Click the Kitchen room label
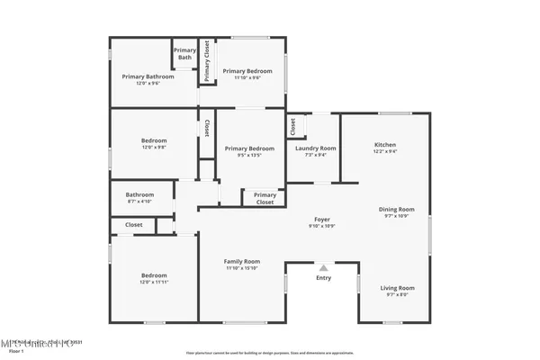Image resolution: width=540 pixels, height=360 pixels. (x=385, y=144)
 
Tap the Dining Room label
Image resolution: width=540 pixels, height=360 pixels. (x=396, y=209)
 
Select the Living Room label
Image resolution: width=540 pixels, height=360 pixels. (x=396, y=287)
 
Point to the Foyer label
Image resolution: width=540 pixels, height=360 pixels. (x=322, y=219)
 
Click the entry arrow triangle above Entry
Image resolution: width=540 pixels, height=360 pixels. (x=323, y=267)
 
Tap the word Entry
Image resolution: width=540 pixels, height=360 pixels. (x=323, y=278)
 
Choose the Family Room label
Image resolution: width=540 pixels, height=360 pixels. (x=241, y=261)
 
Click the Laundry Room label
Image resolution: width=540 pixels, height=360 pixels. (x=316, y=148)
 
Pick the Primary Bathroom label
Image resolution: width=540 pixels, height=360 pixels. (x=148, y=76)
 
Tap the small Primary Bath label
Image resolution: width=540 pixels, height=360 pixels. (x=184, y=53)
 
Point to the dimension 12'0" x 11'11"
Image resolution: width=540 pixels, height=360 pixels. (x=153, y=282)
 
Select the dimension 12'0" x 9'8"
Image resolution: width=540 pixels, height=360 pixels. (x=153, y=148)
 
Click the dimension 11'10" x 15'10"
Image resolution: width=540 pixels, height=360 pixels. (x=241, y=267)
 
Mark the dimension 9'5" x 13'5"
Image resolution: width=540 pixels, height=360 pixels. (x=249, y=154)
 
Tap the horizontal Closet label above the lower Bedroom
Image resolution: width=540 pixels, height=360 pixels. (x=133, y=224)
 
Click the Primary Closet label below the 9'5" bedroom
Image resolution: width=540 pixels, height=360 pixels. (x=265, y=198)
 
